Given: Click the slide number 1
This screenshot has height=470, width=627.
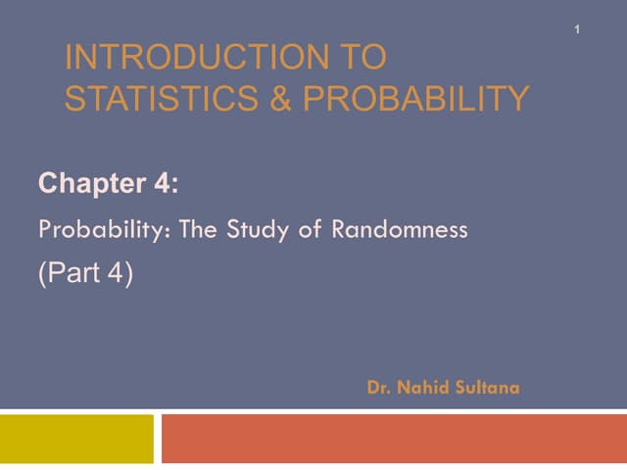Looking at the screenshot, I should point(578,30).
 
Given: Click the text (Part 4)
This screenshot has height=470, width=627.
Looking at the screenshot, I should point(85,274).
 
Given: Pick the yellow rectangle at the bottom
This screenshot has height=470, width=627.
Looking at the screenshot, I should point(76,438).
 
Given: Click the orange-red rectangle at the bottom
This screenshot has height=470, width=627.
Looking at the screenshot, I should point(393,438).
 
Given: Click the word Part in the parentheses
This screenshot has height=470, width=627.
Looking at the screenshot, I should point(77,274).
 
